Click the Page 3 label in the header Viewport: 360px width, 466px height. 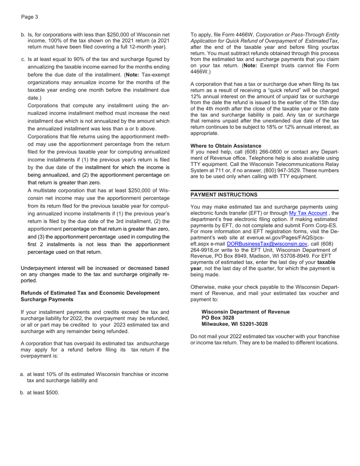(30, 17)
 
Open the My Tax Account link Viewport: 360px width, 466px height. (308, 213)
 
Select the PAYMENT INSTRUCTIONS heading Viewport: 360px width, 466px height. (224, 195)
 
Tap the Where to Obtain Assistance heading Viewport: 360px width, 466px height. (225, 146)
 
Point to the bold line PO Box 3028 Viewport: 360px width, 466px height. (218, 318)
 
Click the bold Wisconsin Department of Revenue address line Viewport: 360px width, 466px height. (245, 312)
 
